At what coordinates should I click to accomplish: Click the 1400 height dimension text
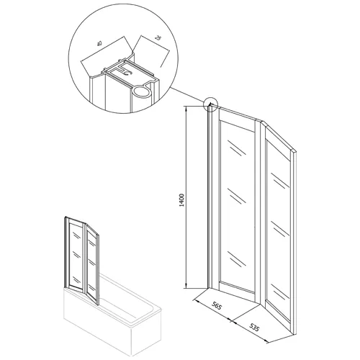181,200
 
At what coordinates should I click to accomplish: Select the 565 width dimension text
216,306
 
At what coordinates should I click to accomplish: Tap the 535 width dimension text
253,327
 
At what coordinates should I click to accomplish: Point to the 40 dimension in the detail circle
99,43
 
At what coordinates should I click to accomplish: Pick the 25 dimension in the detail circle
158,38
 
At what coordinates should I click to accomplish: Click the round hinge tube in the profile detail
141,92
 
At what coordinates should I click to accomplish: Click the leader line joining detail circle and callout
188,96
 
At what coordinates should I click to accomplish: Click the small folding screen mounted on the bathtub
81,261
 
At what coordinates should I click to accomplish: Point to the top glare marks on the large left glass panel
237,148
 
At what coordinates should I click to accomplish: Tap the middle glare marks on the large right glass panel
280,228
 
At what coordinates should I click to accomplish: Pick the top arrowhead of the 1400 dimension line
186,108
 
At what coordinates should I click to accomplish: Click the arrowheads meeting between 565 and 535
231,320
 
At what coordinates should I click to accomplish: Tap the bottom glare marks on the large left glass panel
237,259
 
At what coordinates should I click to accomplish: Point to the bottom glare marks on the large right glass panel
280,292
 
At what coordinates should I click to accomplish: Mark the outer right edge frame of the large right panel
294,243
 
